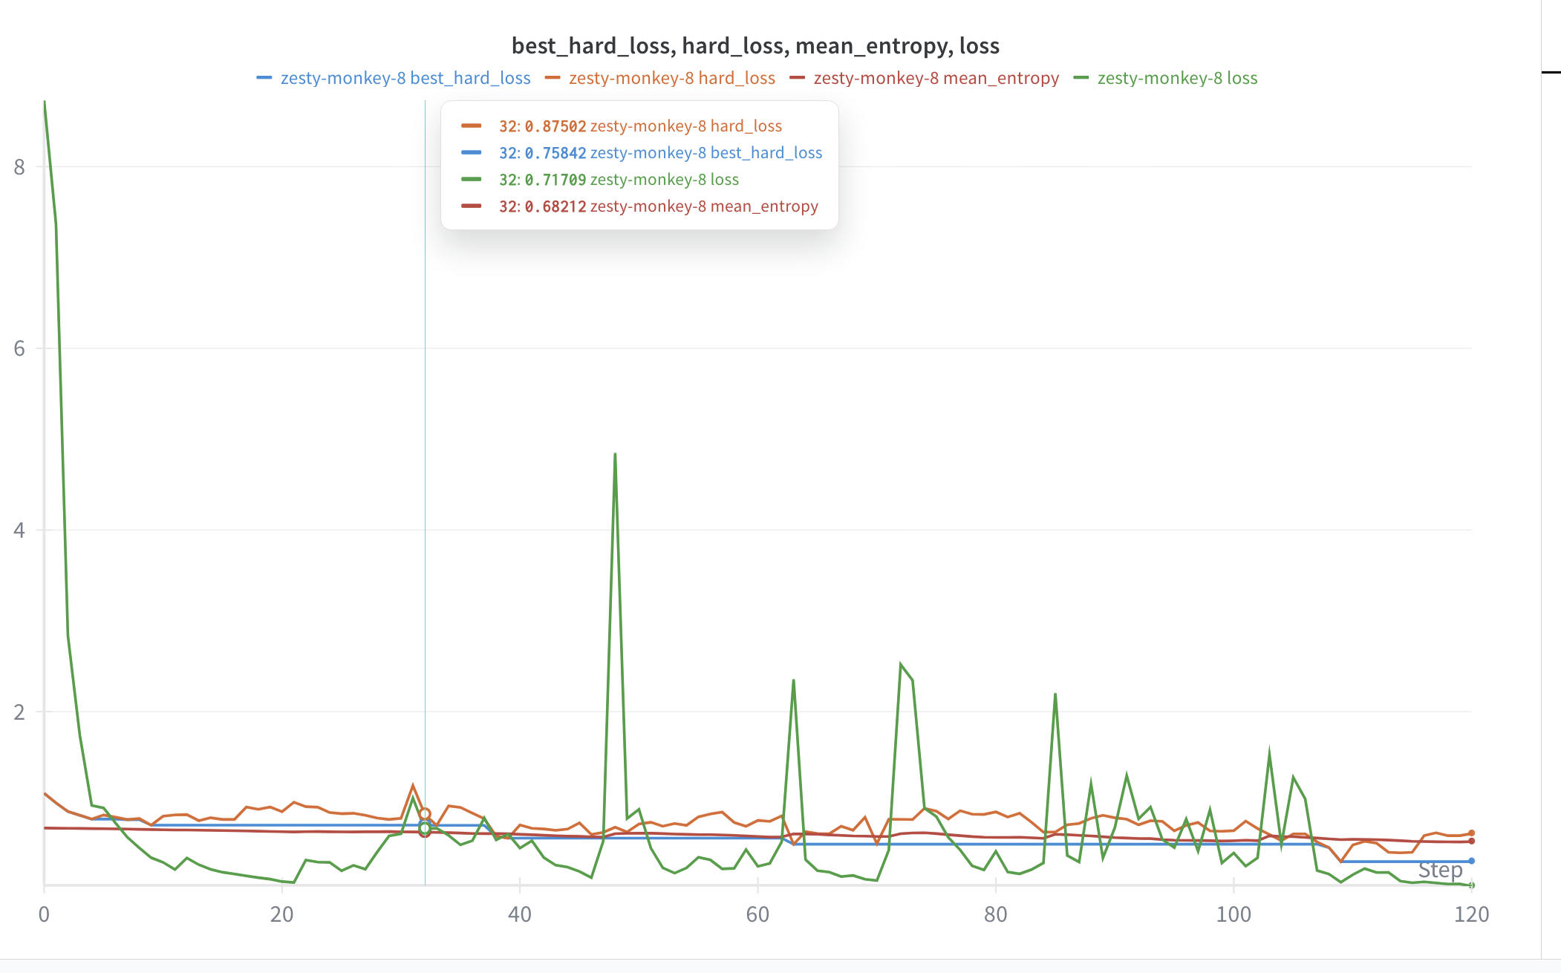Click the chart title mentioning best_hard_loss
tap(755, 46)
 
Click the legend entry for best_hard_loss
tap(405, 78)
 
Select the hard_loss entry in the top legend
tap(671, 78)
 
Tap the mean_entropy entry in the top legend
tap(936, 78)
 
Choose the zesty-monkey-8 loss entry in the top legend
tap(1177, 78)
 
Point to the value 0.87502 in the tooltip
tap(555, 126)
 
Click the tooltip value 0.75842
tap(555, 153)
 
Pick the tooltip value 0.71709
tap(555, 180)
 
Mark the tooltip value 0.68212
tap(555, 206)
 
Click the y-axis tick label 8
tap(19, 167)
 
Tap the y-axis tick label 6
tap(19, 348)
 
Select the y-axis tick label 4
tap(19, 530)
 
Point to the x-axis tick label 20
tap(281, 914)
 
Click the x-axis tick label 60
tap(757, 914)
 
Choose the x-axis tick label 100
tap(1233, 914)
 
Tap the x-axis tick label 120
tap(1471, 914)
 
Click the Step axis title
tap(1440, 870)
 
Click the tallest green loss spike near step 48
tap(615, 455)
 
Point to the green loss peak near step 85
tap(1055, 694)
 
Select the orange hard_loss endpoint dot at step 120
tap(1471, 833)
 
